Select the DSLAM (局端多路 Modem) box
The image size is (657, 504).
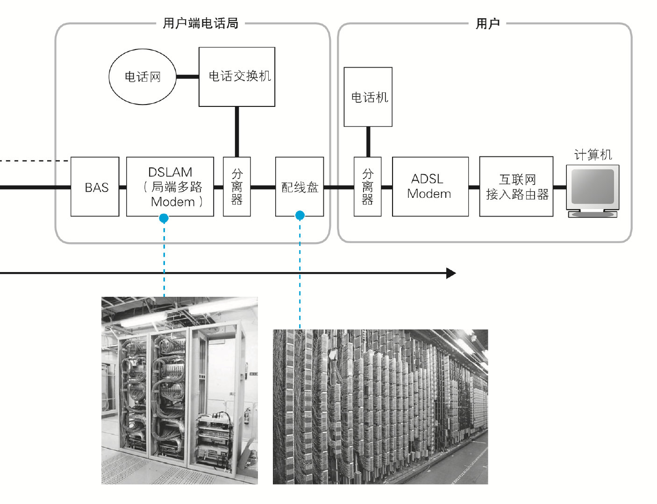170,187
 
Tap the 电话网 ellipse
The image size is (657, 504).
143,77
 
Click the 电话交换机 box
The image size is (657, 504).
237,77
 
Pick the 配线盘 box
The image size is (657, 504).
300,187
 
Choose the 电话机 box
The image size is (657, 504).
368,97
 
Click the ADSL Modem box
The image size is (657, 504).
430,187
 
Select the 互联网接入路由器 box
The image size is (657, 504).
516,187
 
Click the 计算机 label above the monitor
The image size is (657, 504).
593,154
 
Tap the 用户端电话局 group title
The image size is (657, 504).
200,23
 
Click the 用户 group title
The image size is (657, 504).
488,23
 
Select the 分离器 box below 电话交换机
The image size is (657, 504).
237,187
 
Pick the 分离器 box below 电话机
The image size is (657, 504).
368,187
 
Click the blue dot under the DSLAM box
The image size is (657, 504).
164,218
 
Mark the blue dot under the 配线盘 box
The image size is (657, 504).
300,215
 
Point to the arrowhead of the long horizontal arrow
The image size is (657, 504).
451,273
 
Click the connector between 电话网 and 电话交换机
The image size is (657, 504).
187,77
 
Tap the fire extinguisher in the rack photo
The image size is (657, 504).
247,415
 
